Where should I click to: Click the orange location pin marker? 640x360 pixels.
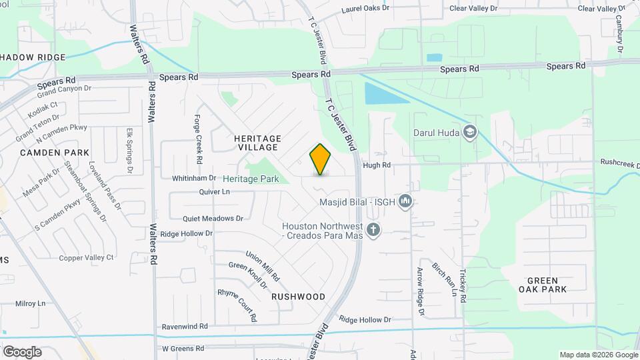pyautogui.click(x=321, y=159)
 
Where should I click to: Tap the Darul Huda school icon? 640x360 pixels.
pyautogui.click(x=471, y=131)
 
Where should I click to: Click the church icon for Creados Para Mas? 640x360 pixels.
pyautogui.click(x=373, y=231)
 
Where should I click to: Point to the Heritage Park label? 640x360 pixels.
pyautogui.click(x=251, y=179)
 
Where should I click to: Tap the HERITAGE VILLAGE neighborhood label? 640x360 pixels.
pyautogui.click(x=258, y=143)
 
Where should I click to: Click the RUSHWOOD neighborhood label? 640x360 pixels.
pyautogui.click(x=299, y=297)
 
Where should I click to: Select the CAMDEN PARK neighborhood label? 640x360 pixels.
pyautogui.click(x=55, y=153)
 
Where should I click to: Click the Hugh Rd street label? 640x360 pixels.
pyautogui.click(x=375, y=165)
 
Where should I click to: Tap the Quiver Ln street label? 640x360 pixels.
pyautogui.click(x=214, y=192)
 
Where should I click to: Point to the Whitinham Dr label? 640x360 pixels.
pyautogui.click(x=194, y=178)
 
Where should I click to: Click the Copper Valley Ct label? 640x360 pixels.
pyautogui.click(x=87, y=257)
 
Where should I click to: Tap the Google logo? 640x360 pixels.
pyautogui.click(x=22, y=351)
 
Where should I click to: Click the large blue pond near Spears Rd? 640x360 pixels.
pyautogui.click(x=385, y=93)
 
